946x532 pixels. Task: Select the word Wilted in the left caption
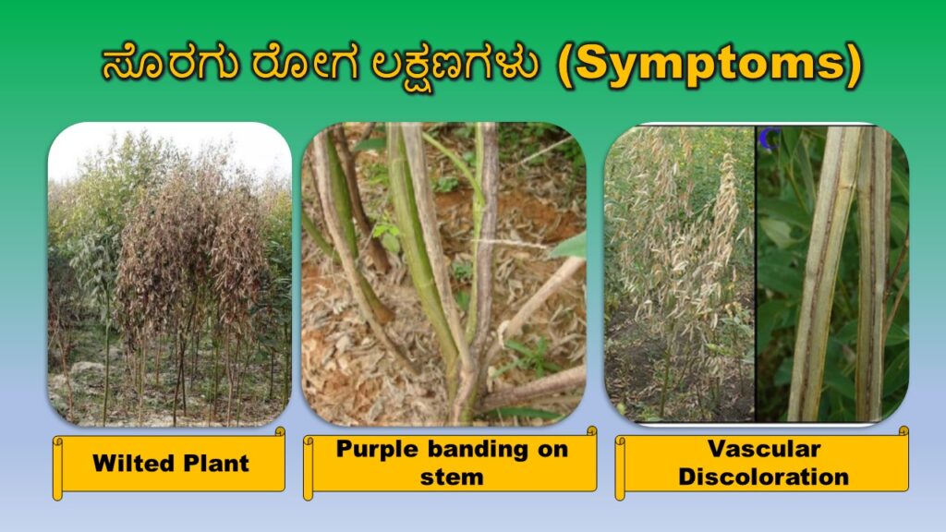128,463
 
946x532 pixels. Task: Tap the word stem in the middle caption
451,477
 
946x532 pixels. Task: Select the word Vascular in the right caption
763,450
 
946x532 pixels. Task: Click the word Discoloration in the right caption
763,477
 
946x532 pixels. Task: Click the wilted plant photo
170,274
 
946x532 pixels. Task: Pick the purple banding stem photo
443,274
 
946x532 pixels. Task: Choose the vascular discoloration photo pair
757,274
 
